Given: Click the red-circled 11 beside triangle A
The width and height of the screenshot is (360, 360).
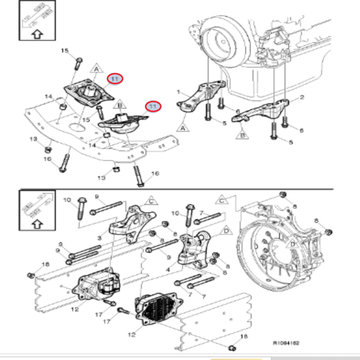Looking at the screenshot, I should pos(115,78).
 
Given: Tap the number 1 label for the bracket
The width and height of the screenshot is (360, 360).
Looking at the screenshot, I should pos(178,92).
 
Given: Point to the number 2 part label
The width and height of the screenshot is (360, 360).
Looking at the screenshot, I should pos(302,97).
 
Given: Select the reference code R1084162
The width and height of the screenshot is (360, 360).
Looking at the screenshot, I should pos(286,343).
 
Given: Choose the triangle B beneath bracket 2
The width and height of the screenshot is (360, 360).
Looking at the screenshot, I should pos(243,136).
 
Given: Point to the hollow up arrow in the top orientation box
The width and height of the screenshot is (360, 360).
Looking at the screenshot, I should pos(36,34).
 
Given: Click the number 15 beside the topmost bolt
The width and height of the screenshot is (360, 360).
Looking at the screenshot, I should pos(65,51).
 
